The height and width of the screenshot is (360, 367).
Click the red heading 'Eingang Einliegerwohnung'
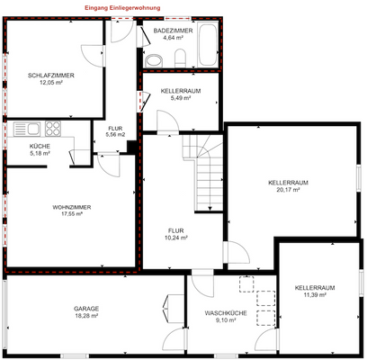tap(123, 7)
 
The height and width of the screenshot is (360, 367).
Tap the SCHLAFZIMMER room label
tap(52, 76)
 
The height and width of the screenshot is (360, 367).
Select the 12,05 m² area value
tap(52, 83)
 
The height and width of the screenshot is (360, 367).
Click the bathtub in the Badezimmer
tap(206, 42)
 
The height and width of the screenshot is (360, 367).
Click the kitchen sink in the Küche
tap(20, 128)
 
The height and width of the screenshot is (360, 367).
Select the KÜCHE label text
tap(40, 146)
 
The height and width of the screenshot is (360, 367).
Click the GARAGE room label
tap(87, 309)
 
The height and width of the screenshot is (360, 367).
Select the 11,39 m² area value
tap(315, 294)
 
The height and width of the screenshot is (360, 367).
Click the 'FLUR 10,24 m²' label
tap(175, 234)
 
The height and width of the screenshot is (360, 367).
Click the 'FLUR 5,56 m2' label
tap(115, 131)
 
